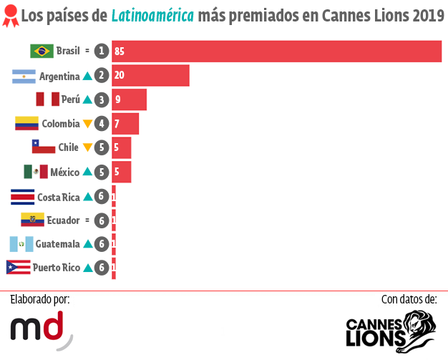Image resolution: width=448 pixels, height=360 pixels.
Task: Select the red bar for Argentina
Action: [150, 75]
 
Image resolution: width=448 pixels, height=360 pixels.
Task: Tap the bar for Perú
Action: [129, 99]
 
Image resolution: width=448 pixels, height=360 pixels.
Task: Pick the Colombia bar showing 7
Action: [125, 124]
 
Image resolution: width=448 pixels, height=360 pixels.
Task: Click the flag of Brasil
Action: [42, 51]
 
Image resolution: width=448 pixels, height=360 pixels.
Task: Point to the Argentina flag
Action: [24, 76]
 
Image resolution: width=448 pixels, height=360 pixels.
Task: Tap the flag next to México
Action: [36, 172]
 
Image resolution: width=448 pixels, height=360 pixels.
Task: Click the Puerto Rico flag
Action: [18, 268]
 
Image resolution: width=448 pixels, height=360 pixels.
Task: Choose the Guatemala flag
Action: [21, 244]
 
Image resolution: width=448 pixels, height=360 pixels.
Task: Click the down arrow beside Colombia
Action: [87, 124]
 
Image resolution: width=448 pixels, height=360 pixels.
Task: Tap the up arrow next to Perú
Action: [87, 99]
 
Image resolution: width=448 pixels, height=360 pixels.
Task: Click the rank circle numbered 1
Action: [102, 51]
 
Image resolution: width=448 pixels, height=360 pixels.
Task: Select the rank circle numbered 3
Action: [102, 99]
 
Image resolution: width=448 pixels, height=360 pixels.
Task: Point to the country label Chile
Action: [68, 147]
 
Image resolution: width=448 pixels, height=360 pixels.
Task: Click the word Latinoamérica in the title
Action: [152, 16]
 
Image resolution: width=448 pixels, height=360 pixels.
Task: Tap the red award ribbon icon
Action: [9, 16]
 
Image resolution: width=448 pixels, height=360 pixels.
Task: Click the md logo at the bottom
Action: [42, 329]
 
